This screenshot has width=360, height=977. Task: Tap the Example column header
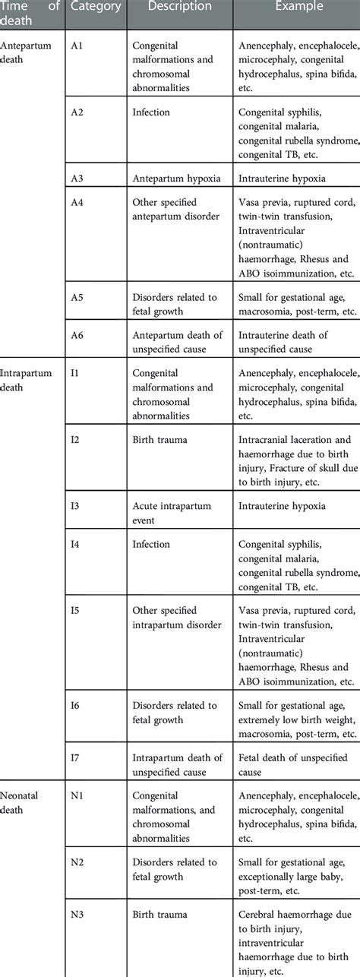[x=299, y=6]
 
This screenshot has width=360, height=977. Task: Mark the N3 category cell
[x=77, y=915]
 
